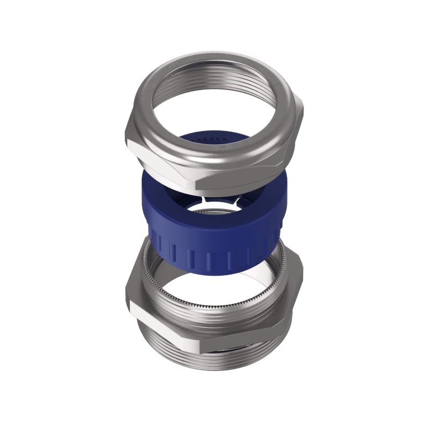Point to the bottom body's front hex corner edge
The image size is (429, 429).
(202, 338)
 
